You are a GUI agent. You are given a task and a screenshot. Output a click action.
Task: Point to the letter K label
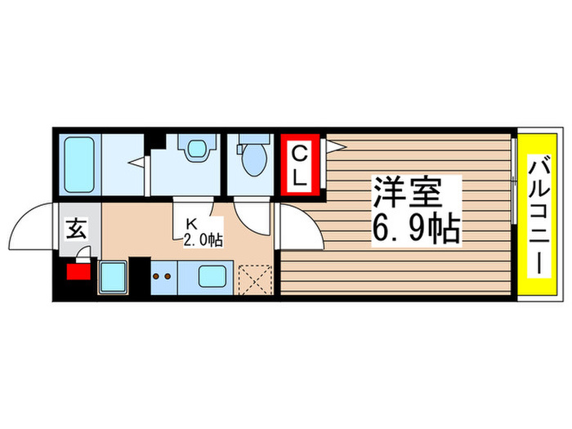(x=192, y=222)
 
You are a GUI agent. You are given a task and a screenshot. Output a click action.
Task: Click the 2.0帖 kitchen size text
(x=202, y=239)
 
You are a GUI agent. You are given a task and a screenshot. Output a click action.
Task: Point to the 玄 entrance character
(x=75, y=230)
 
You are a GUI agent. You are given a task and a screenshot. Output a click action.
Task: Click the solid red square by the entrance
(x=78, y=270)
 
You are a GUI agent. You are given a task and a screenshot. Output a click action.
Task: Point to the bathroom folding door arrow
(x=137, y=162)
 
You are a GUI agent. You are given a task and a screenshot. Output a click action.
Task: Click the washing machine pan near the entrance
(x=112, y=277)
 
